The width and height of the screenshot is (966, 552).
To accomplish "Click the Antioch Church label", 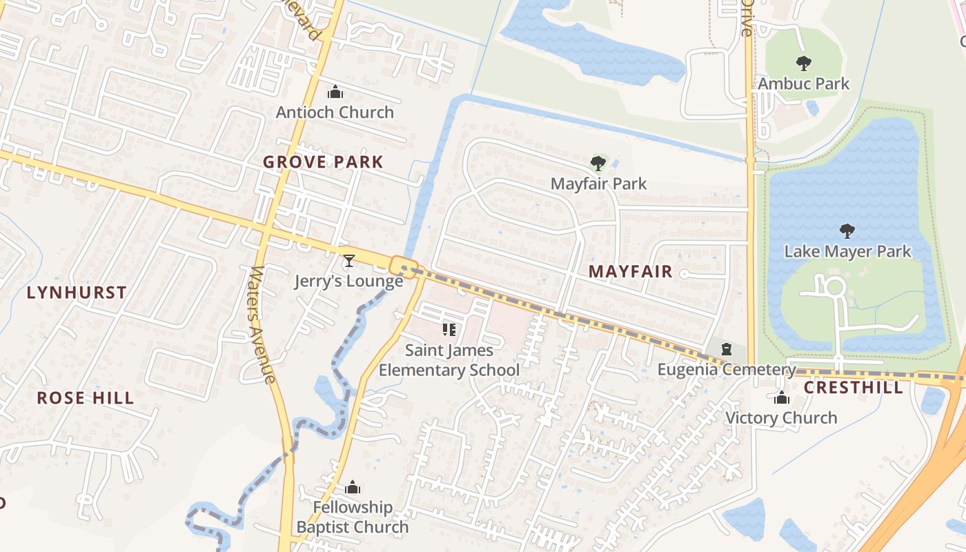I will (335, 112).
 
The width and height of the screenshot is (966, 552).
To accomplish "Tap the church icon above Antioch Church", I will (335, 92).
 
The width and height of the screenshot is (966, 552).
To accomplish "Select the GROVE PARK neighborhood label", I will (323, 162).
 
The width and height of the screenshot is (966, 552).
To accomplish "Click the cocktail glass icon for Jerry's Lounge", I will (349, 261).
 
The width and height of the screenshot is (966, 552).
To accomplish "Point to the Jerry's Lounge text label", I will (348, 281).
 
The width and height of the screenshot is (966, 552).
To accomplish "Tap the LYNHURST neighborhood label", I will (77, 293).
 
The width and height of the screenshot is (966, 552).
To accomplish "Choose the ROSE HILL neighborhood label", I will (86, 398).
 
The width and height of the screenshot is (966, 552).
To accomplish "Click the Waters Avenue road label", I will (263, 324).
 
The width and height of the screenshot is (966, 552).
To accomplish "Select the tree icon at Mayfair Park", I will (598, 164).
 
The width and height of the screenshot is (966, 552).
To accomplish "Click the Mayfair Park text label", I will (598, 184).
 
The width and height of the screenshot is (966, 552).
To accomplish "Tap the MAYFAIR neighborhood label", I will (631, 271).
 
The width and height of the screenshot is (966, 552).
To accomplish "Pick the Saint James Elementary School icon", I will (449, 330).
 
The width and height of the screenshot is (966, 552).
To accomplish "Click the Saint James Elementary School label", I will (449, 360).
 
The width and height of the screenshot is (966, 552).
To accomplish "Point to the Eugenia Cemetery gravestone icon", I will (726, 349).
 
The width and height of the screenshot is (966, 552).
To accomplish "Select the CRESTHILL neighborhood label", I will (854, 387).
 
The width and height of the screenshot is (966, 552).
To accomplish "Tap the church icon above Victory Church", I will (782, 398).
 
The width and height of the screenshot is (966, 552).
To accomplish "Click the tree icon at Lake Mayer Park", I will (847, 231).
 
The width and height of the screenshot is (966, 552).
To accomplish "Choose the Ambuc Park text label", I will (804, 84).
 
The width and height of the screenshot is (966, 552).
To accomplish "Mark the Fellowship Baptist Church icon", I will (353, 488).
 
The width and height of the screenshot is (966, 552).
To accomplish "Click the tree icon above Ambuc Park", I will (803, 63).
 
